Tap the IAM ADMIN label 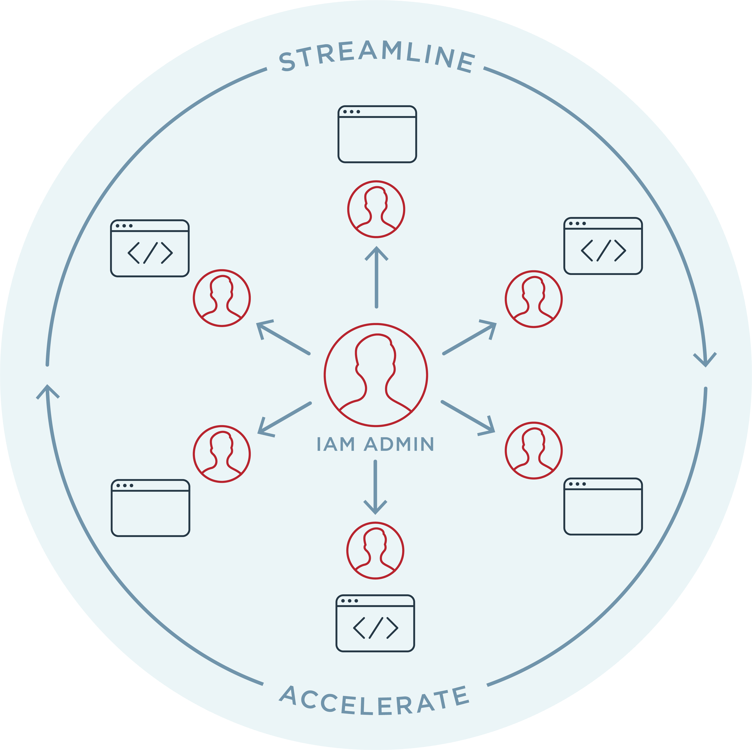click(375, 444)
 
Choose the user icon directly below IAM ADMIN click(375, 551)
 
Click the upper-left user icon click(222, 298)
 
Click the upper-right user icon click(534, 299)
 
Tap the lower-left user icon click(222, 454)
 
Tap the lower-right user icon click(534, 450)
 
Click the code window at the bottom click(375, 623)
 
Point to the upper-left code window click(150, 248)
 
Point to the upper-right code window click(603, 246)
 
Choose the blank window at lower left click(150, 508)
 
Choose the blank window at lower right click(603, 506)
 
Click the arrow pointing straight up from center click(376, 276)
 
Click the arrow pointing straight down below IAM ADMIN click(375, 486)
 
